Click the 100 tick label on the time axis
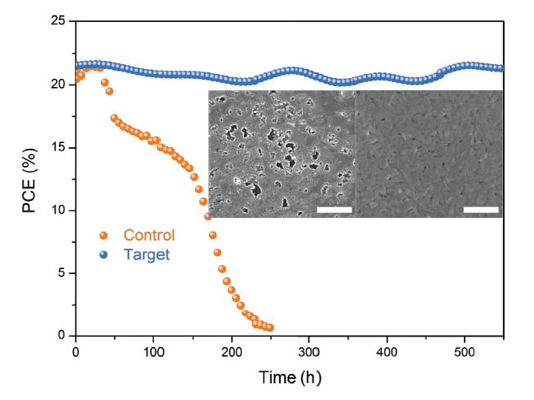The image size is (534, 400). point(153,352)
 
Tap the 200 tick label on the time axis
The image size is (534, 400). point(231,352)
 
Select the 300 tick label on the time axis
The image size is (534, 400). point(309,352)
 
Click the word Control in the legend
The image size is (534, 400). point(149,236)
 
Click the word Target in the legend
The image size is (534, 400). point(147,254)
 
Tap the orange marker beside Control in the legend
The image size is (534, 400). point(103,236)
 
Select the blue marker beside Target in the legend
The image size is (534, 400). point(103,254)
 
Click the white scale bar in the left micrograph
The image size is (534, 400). point(334,210)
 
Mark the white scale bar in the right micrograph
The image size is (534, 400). point(480,210)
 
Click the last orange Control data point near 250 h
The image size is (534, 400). point(269,328)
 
